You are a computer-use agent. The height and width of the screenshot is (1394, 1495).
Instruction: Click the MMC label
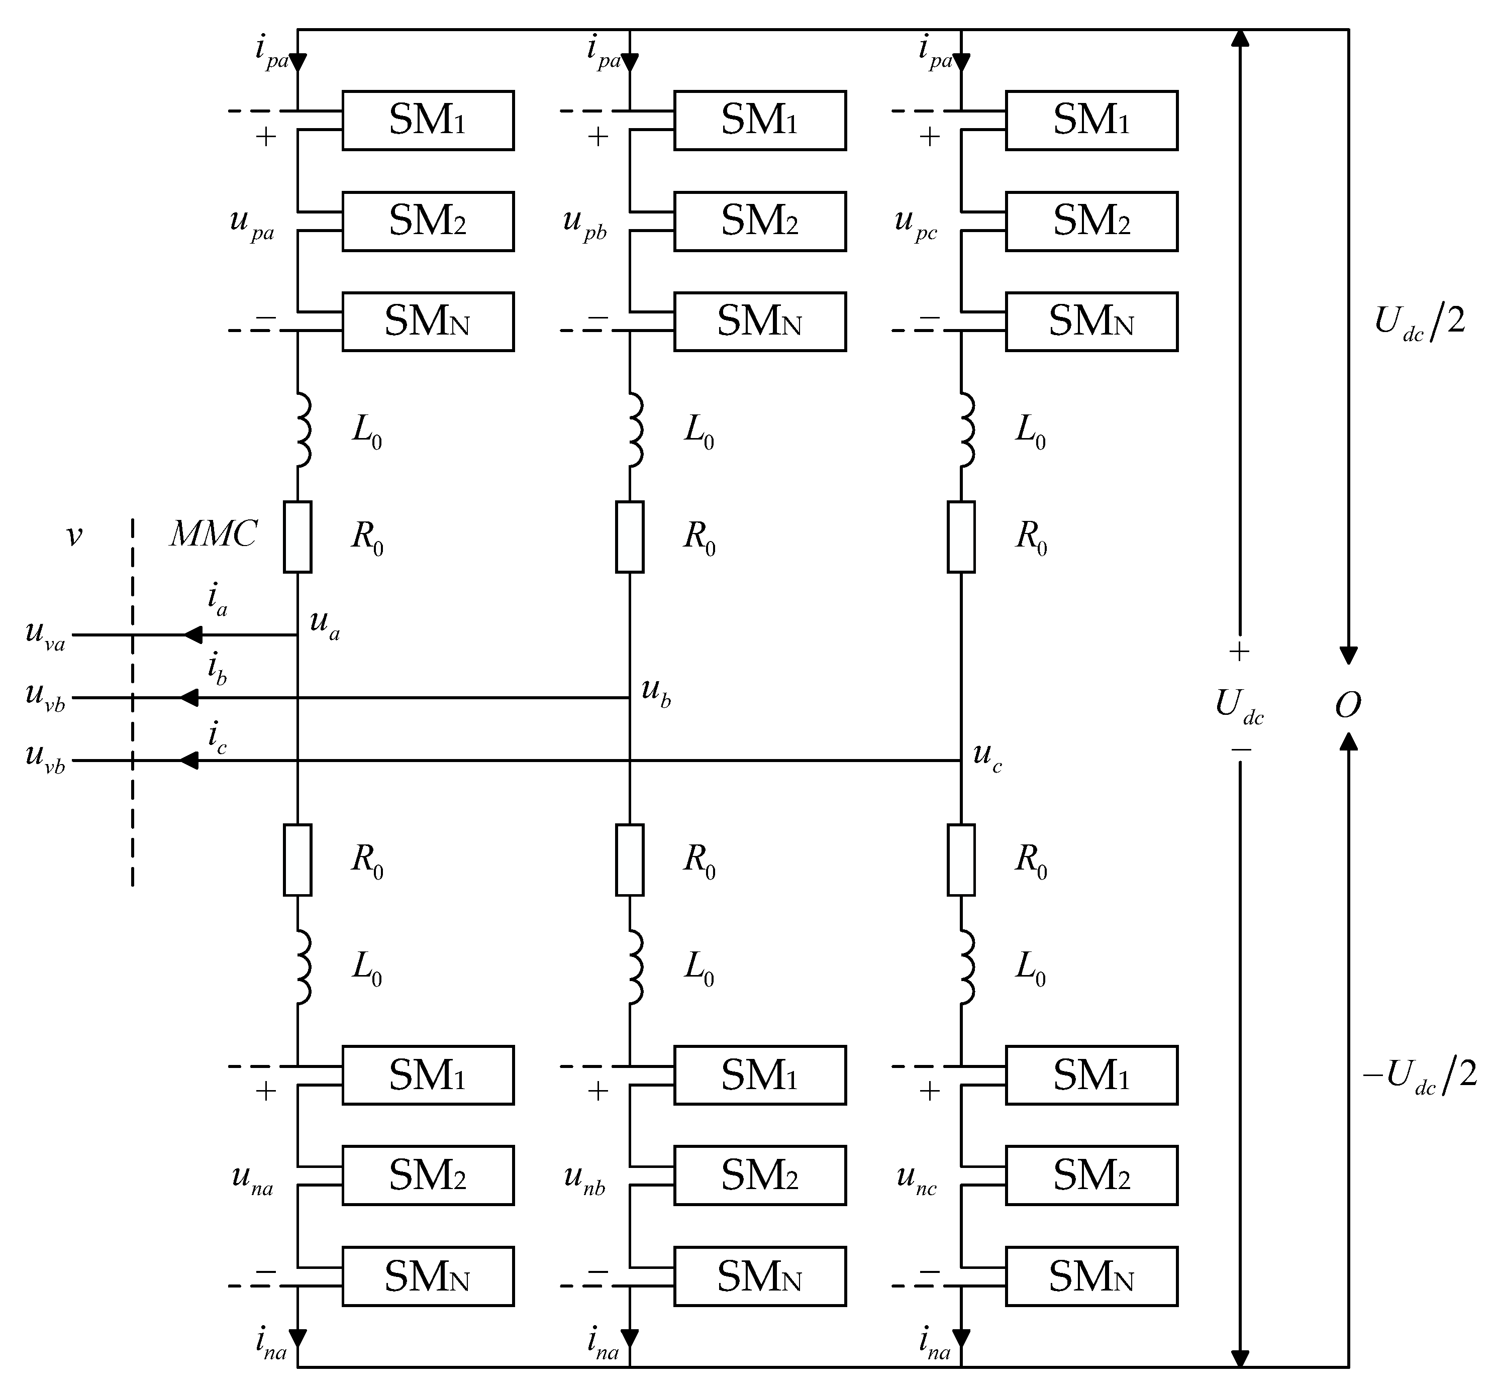coord(214,534)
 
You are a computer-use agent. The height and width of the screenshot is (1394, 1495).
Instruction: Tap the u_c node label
coord(986,756)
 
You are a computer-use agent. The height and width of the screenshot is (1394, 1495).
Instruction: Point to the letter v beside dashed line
coord(74,535)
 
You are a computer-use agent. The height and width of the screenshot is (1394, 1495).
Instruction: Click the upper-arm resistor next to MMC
coord(298,537)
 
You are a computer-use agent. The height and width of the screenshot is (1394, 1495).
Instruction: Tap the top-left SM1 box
coord(428,120)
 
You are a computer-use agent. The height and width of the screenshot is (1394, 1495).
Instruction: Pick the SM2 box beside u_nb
coord(759,1175)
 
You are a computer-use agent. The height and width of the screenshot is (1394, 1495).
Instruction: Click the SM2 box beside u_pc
coord(1091,221)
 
